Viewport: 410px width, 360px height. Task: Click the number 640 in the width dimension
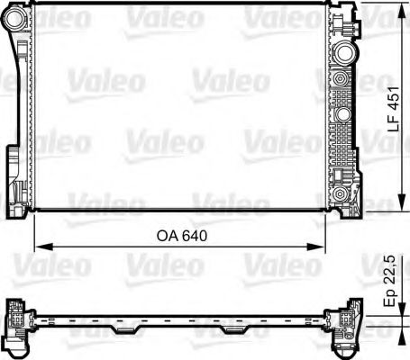click(x=195, y=237)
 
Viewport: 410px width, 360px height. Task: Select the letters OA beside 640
click(x=168, y=237)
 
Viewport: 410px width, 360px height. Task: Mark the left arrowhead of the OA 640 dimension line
click(x=38, y=245)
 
